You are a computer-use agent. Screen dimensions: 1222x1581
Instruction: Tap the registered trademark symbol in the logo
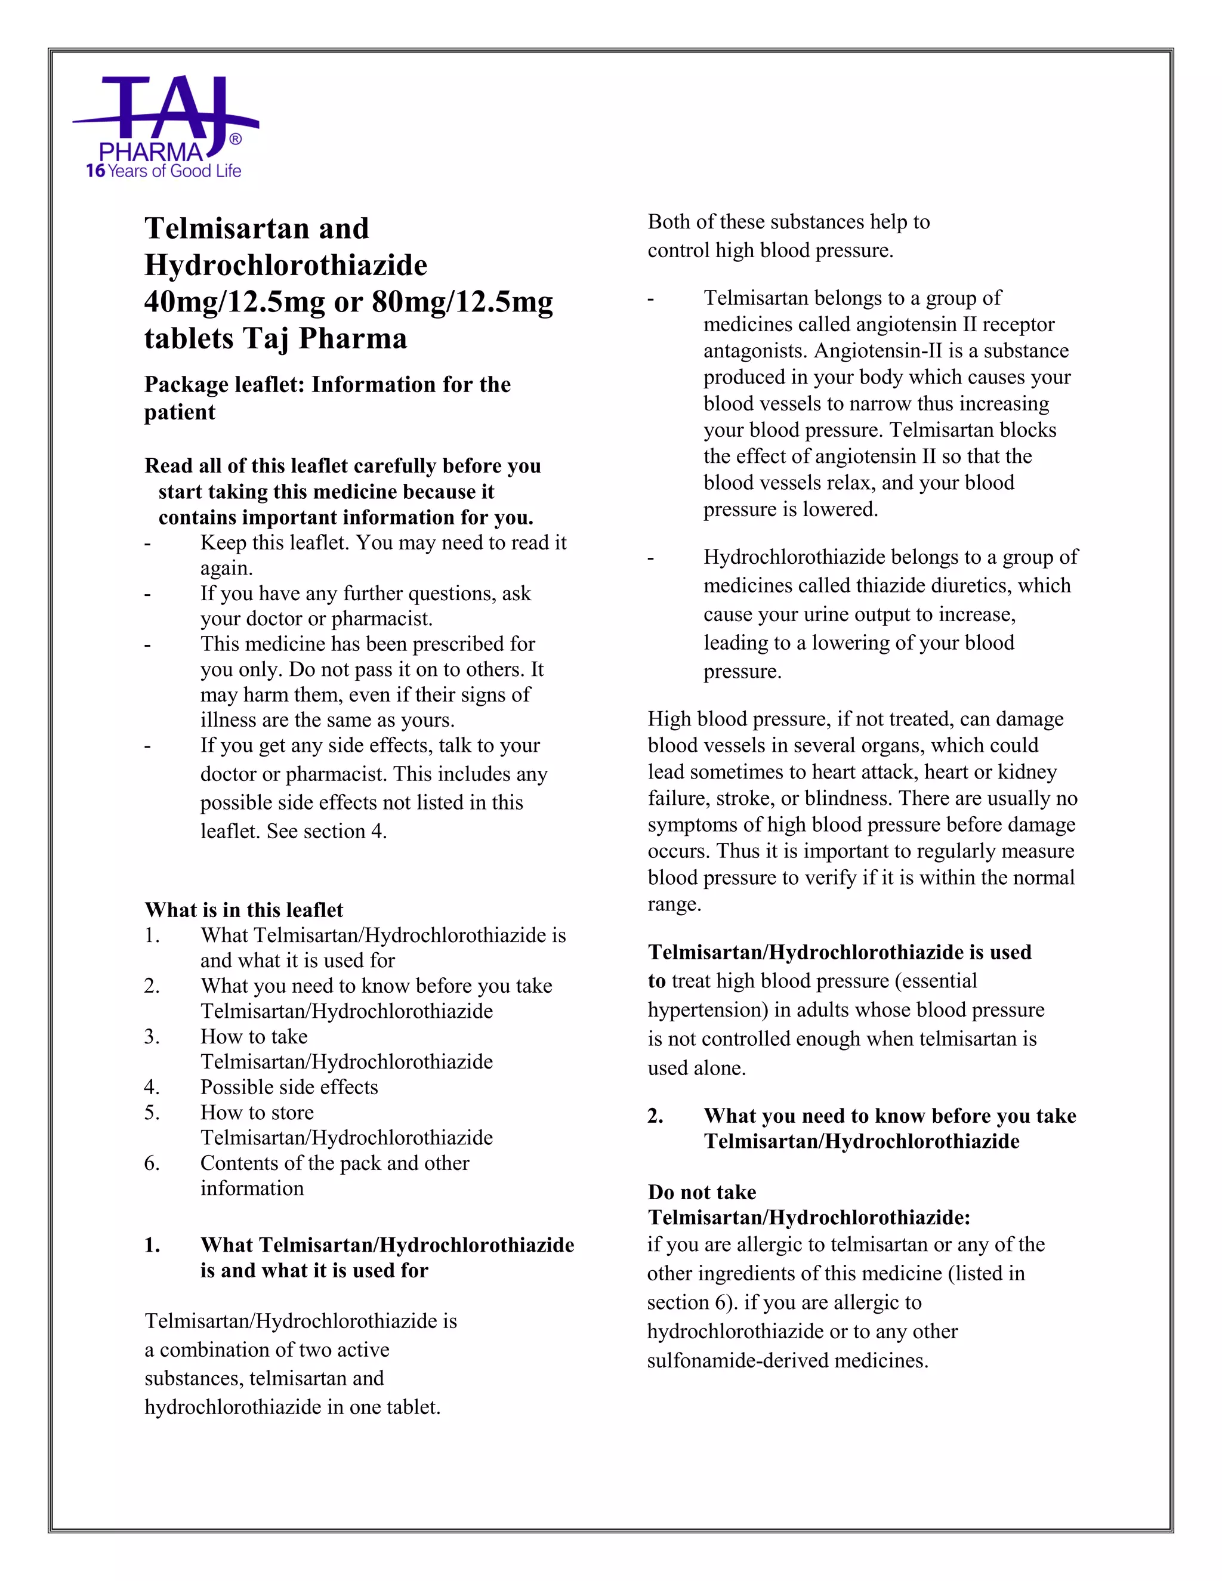[x=235, y=139]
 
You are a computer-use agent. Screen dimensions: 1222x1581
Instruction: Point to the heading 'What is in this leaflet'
[x=243, y=910]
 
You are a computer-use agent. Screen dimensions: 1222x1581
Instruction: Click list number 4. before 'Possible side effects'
[x=152, y=1087]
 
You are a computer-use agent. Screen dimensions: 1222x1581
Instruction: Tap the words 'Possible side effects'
[x=289, y=1087]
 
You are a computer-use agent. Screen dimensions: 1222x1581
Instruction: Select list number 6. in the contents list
[x=152, y=1163]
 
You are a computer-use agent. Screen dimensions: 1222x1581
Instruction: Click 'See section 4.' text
[x=326, y=831]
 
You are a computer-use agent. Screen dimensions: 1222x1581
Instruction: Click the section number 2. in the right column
[x=655, y=1116]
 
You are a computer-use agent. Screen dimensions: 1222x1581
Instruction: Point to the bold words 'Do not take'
[x=702, y=1192]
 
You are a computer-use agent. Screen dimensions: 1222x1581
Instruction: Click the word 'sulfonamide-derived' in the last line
[x=737, y=1361]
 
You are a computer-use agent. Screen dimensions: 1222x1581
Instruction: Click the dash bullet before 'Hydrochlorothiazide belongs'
[x=651, y=558]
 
